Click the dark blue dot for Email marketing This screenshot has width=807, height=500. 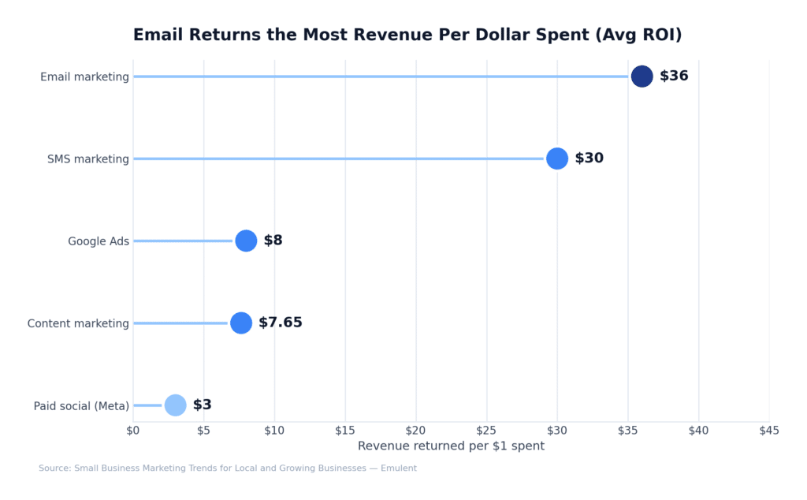[x=642, y=76]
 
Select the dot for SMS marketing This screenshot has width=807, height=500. [x=557, y=159]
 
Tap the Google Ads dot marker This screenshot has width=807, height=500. [x=246, y=241]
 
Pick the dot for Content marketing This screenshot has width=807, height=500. [x=241, y=323]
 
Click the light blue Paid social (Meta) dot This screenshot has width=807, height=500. [x=176, y=405]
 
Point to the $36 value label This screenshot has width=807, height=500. [x=674, y=76]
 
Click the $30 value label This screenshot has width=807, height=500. [x=589, y=159]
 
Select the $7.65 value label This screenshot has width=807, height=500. [x=281, y=323]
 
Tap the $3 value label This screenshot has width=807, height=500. [x=203, y=405]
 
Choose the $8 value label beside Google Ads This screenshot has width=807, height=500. [x=273, y=241]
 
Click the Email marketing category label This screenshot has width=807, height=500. [x=84, y=77]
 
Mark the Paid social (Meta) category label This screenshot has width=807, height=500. [x=81, y=406]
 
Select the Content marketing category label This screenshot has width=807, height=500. [x=78, y=323]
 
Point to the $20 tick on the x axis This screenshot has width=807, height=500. [x=416, y=431]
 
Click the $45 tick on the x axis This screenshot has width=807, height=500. [x=769, y=431]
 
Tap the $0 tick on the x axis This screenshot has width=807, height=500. [x=133, y=431]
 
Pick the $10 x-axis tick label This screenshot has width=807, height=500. [x=274, y=431]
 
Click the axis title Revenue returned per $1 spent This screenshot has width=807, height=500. [x=451, y=446]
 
